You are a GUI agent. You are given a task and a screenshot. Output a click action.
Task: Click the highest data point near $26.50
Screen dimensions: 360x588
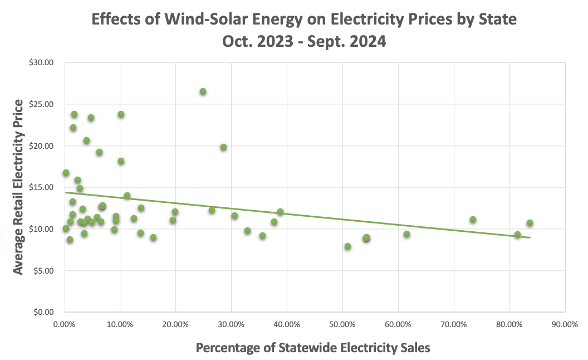[x=203, y=91]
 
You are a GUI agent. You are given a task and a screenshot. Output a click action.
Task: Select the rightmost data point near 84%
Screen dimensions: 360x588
[x=530, y=223]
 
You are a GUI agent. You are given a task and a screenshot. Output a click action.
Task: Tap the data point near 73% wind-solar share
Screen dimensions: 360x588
[x=473, y=220]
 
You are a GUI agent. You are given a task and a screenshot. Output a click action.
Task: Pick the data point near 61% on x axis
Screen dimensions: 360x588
[x=406, y=234]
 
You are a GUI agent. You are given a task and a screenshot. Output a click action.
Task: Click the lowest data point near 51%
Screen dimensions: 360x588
[x=347, y=246]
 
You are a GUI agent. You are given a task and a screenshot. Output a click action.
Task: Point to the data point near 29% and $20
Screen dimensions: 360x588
[x=223, y=147]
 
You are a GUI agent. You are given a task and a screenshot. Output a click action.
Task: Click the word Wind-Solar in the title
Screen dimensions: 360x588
[x=204, y=20]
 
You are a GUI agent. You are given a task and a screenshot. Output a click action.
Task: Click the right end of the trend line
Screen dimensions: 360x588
[x=530, y=238]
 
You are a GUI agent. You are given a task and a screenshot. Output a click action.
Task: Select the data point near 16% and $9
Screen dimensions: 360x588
[x=153, y=237]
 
